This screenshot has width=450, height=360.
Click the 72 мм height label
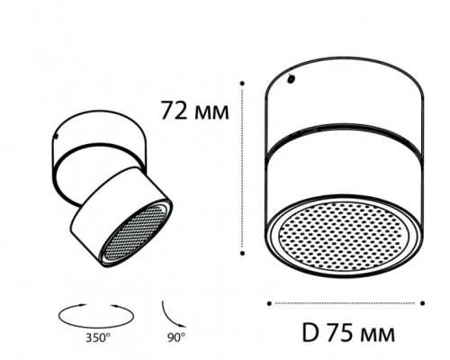coord(195,111)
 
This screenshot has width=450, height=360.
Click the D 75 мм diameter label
coord(348,333)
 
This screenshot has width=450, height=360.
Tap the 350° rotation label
coord(98,338)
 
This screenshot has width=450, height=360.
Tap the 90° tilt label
coord(176,338)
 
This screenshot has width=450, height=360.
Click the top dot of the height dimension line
coord(242,83)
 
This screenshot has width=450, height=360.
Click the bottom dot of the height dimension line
coord(242,254)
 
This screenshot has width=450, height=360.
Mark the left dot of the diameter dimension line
coord(269,303)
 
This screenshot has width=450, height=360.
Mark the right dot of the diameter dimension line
coord(423,303)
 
